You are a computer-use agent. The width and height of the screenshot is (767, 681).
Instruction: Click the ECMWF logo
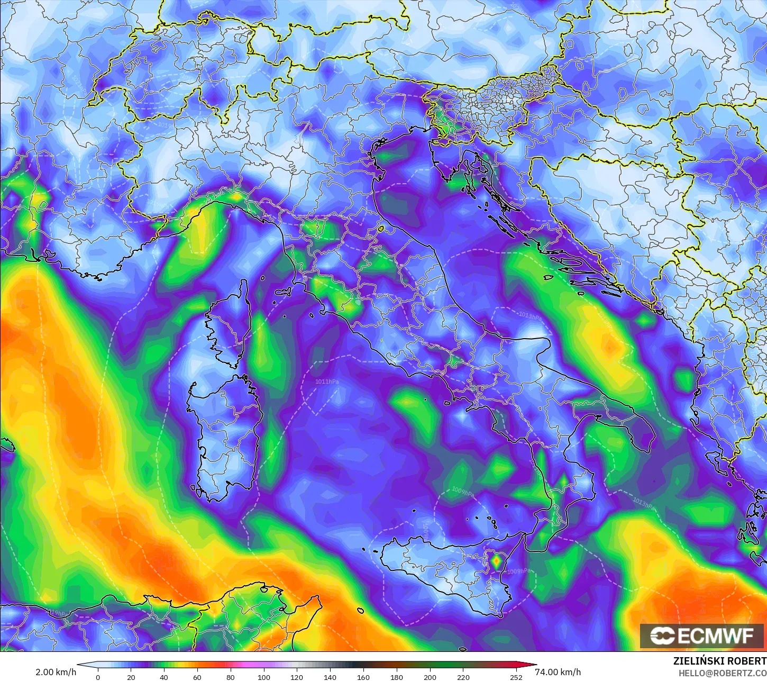pos(702,635)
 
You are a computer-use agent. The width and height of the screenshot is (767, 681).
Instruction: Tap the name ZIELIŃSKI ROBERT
pos(719,661)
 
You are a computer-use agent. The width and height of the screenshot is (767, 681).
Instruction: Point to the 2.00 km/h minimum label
pos(56,672)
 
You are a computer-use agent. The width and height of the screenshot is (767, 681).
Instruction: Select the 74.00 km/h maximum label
pos(558,672)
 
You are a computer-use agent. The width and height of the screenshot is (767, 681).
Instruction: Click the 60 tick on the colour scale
pos(197,677)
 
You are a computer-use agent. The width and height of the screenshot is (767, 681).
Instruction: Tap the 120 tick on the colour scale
pos(297,677)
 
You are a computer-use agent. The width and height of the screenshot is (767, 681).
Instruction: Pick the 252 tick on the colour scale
pos(516,677)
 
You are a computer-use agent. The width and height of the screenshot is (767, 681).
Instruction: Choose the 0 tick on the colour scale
pos(98,677)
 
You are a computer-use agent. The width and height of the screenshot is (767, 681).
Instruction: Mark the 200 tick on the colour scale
pos(430,677)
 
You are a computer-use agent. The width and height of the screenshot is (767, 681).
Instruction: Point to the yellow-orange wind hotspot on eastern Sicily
pos(496,561)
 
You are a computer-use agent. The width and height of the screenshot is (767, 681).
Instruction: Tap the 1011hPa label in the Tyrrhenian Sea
pos(327,381)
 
